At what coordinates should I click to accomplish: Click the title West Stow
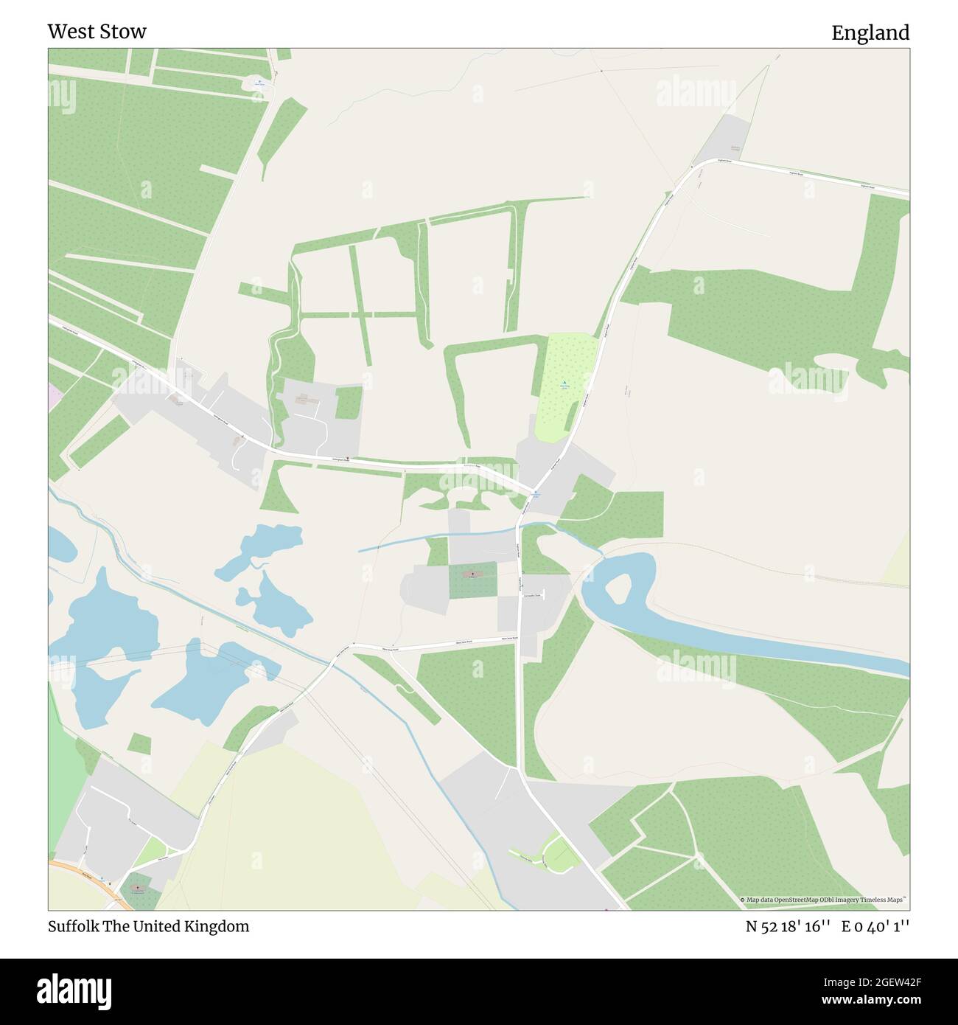[x=97, y=32]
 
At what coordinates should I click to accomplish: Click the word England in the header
[x=870, y=33]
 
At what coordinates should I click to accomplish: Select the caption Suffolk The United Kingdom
[x=148, y=926]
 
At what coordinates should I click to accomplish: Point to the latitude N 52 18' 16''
[x=789, y=926]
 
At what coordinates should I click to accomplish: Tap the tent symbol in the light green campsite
[x=564, y=382]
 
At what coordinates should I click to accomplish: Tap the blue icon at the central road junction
[x=536, y=493]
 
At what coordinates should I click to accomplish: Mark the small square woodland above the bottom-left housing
[x=139, y=743]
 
